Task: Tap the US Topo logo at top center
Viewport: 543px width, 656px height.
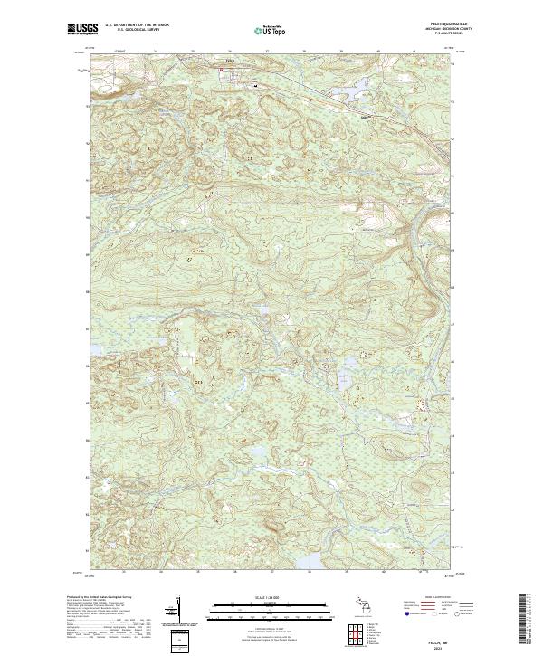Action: pyautogui.click(x=271, y=30)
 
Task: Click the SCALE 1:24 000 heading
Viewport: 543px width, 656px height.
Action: pyautogui.click(x=271, y=598)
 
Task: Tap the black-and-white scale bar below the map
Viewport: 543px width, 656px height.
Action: pyautogui.click(x=271, y=609)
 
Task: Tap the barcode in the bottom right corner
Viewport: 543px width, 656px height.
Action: pyautogui.click(x=526, y=622)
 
